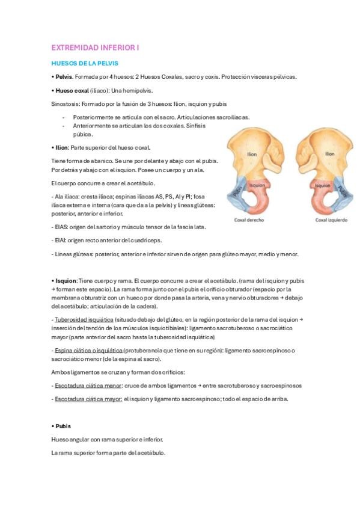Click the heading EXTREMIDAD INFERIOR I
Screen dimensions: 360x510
[x=95, y=47]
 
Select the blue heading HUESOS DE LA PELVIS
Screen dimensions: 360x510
[x=85, y=63]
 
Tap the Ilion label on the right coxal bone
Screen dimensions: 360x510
[x=252, y=154]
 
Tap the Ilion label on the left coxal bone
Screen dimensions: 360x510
[x=330, y=154]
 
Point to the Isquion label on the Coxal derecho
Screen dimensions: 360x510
[x=257, y=186]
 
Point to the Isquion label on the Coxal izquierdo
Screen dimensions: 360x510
[x=323, y=186]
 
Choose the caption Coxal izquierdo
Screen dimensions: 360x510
[x=331, y=220]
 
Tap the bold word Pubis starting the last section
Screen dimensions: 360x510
[x=63, y=426]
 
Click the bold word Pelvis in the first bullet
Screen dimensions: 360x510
[x=64, y=77]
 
